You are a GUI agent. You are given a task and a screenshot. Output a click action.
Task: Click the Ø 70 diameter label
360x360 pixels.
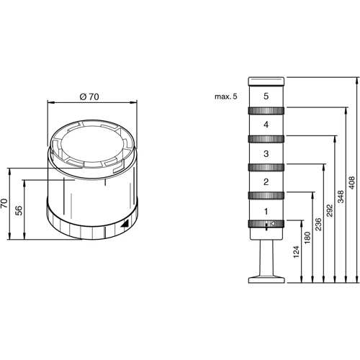tap(89, 96)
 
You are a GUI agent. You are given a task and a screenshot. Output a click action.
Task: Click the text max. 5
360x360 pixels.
tap(225, 96)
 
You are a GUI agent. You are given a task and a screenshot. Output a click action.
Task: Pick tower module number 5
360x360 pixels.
tap(266, 95)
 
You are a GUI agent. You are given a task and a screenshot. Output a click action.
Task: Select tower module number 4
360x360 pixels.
tap(266, 125)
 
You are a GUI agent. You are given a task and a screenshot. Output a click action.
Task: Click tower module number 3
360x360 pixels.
tap(266, 153)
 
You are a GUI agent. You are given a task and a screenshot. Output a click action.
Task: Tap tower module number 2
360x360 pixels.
tap(266, 181)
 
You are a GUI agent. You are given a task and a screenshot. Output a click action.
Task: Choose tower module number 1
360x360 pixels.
tap(266, 211)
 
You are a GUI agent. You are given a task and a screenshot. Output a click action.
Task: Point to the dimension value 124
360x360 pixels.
tap(297, 252)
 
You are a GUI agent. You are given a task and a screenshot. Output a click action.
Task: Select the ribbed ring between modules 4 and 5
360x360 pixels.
tap(266, 110)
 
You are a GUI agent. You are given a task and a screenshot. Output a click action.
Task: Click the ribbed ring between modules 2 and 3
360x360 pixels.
tap(266, 167)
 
